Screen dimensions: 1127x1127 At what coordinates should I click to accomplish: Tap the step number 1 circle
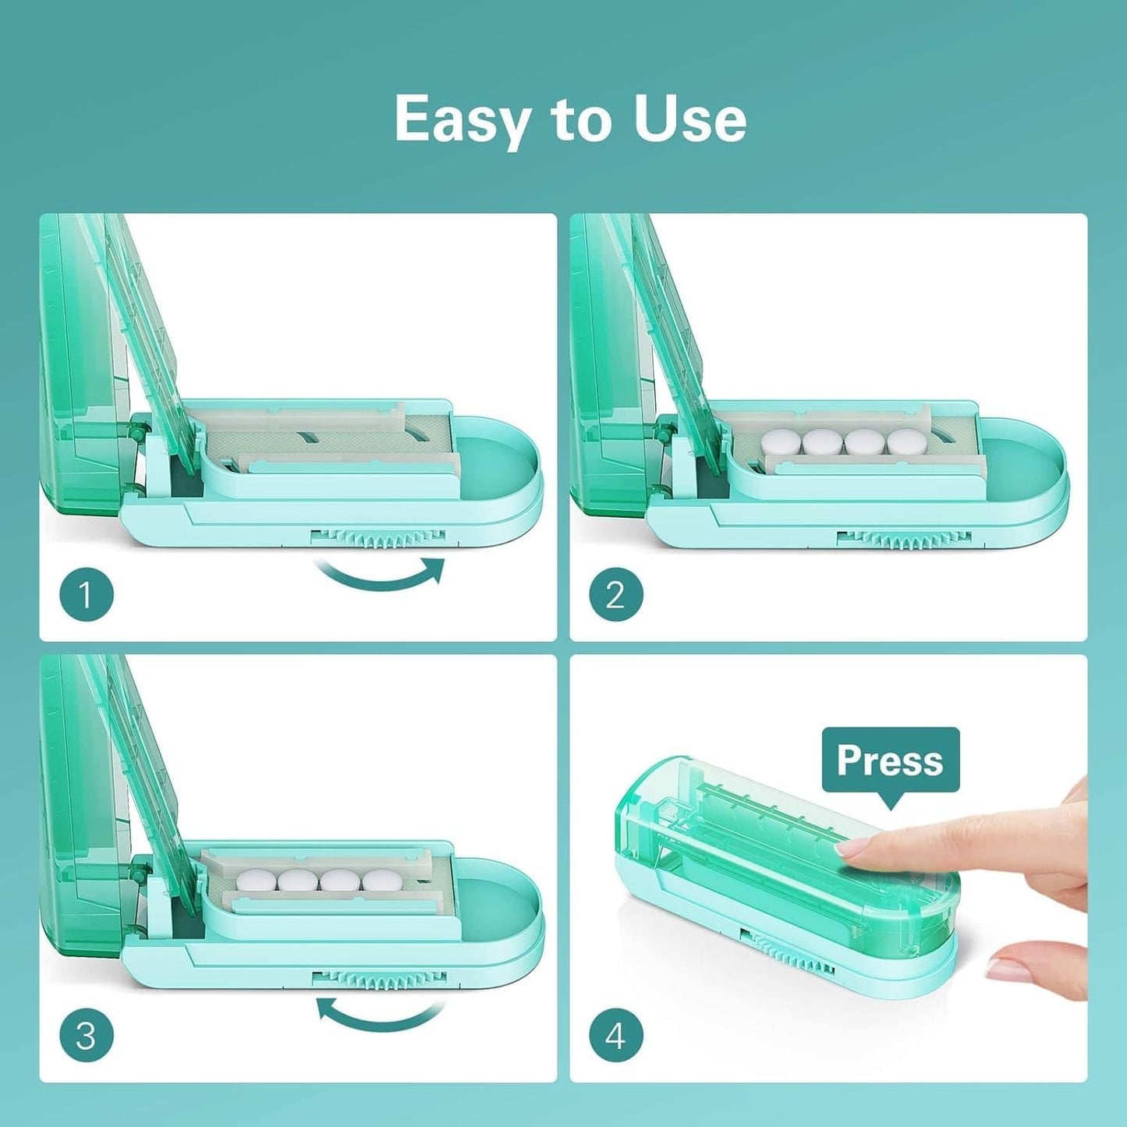pos(87,596)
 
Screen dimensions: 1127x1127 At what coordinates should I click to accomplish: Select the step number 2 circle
pos(615,596)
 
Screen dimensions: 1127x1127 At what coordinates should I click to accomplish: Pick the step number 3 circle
pos(87,1037)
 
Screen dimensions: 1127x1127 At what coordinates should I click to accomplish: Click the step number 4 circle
pos(615,1037)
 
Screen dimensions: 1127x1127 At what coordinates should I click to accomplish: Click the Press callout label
pos(890,760)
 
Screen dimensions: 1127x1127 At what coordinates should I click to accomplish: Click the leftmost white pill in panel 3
pos(256,881)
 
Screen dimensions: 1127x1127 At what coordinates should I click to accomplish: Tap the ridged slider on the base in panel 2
pos(905,538)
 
